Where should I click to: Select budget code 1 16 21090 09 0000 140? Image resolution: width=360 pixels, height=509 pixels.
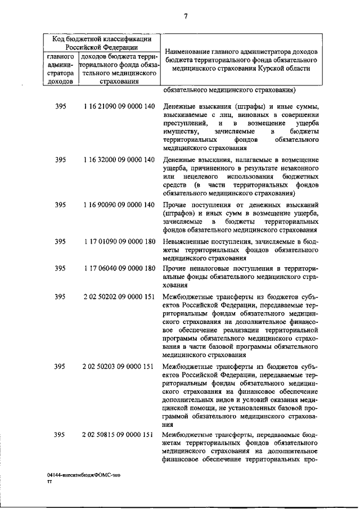(x=118, y=107)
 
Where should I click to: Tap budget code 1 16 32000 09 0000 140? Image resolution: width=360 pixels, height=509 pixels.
(x=118, y=160)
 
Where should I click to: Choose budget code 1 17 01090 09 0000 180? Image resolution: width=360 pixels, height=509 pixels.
(x=118, y=242)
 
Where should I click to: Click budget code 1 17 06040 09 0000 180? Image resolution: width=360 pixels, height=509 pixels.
(x=118, y=268)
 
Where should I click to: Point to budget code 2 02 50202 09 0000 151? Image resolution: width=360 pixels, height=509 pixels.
(x=118, y=296)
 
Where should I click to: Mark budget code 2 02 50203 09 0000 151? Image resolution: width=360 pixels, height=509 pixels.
(x=118, y=367)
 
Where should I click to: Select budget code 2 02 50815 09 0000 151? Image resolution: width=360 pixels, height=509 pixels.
(x=118, y=434)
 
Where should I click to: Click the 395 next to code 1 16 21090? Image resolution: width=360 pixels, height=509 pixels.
(x=61, y=107)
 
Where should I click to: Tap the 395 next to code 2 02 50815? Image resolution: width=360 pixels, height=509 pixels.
(x=61, y=434)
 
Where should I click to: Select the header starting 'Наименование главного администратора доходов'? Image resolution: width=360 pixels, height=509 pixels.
(x=241, y=60)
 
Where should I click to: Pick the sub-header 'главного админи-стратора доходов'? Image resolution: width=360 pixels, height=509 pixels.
(x=61, y=69)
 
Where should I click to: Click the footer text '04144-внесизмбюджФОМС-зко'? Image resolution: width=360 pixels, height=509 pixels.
(x=84, y=475)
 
